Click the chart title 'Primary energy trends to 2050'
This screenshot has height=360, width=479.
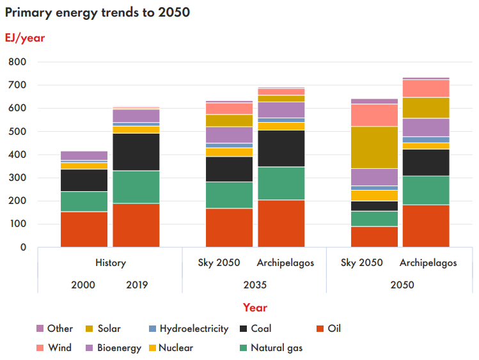coord(97,13)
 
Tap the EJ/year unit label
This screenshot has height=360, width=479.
coord(25,38)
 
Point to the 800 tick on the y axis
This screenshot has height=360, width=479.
coord(17,62)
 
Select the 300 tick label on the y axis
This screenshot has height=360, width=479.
coord(17,178)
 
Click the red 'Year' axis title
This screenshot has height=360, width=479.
coord(255,308)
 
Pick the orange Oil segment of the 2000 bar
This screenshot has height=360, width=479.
coord(84,229)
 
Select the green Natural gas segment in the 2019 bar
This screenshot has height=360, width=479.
coord(136,187)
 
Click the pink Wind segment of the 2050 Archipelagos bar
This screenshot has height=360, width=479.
coord(425,88)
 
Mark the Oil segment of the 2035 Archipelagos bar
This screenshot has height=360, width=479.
coord(281,223)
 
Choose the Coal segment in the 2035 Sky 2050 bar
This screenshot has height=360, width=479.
coord(229,169)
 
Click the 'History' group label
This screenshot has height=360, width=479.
coord(110,263)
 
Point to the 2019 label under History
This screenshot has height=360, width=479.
coord(136,285)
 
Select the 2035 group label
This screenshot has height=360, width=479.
coord(255,285)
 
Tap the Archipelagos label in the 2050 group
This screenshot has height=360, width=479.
coord(428,263)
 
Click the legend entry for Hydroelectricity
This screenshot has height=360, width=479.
coord(193,329)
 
